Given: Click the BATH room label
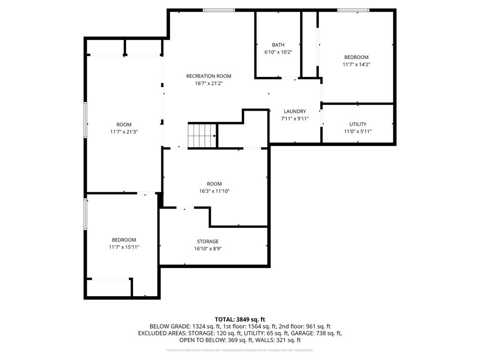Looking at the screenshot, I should click(x=278, y=45).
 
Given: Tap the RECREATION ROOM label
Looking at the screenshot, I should click(x=209, y=76).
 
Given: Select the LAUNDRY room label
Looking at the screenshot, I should click(x=295, y=111).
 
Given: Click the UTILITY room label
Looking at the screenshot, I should click(x=358, y=124).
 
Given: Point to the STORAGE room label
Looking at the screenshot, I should click(x=208, y=241).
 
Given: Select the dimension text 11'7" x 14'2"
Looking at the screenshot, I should click(x=356, y=65).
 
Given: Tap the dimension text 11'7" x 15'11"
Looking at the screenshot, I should click(x=124, y=247).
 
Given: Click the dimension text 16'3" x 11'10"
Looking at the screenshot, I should click(x=214, y=191).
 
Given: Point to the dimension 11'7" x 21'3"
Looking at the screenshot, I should click(x=124, y=132).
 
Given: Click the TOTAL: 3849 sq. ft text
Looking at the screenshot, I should click(x=240, y=319).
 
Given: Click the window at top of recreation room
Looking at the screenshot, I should click(x=218, y=10).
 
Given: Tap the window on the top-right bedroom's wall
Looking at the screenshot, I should click(x=353, y=10).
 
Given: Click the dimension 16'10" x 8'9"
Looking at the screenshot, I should click(x=208, y=249).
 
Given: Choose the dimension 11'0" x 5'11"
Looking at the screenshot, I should click(x=358, y=132).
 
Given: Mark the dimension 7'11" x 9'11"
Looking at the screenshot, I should click(x=295, y=119).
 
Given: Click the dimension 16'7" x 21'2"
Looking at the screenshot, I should click(x=209, y=83).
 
